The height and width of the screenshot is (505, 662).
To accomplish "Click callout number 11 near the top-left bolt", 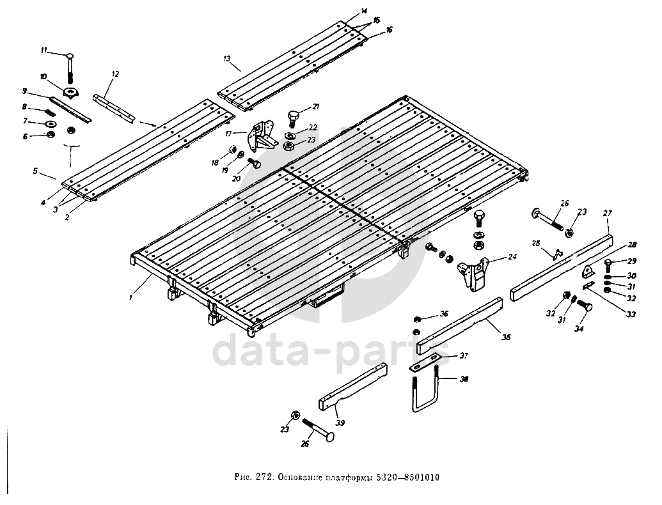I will click(43, 50).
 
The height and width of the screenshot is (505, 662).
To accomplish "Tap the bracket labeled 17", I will click(262, 136).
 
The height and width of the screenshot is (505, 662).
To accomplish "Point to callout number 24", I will click(512, 258).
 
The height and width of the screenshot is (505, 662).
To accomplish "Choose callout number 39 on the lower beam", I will click(340, 423).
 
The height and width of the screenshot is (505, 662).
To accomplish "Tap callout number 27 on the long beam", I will click(608, 213).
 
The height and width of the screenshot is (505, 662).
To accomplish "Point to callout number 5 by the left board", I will click(36, 171).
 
